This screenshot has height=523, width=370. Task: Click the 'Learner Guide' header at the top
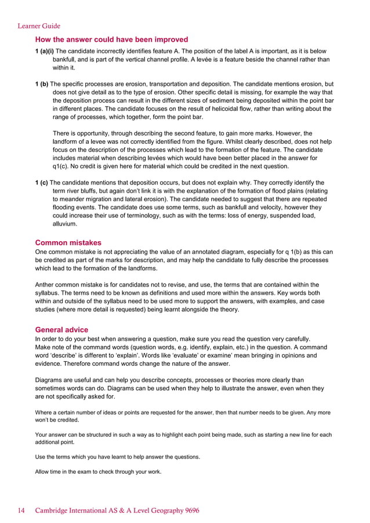click(39, 26)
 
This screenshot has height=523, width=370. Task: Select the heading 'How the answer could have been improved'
click(111, 39)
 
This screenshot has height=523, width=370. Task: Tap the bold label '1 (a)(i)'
click(45, 51)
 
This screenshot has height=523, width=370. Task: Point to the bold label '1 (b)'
click(42, 84)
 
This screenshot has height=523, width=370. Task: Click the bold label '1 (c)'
click(42, 182)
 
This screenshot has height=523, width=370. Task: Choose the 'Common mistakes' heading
click(68, 242)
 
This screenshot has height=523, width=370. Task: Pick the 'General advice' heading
click(62, 329)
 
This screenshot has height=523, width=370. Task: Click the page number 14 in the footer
click(21, 511)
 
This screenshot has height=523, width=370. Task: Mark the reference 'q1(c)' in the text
click(61, 166)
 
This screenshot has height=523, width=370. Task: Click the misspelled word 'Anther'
click(46, 285)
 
